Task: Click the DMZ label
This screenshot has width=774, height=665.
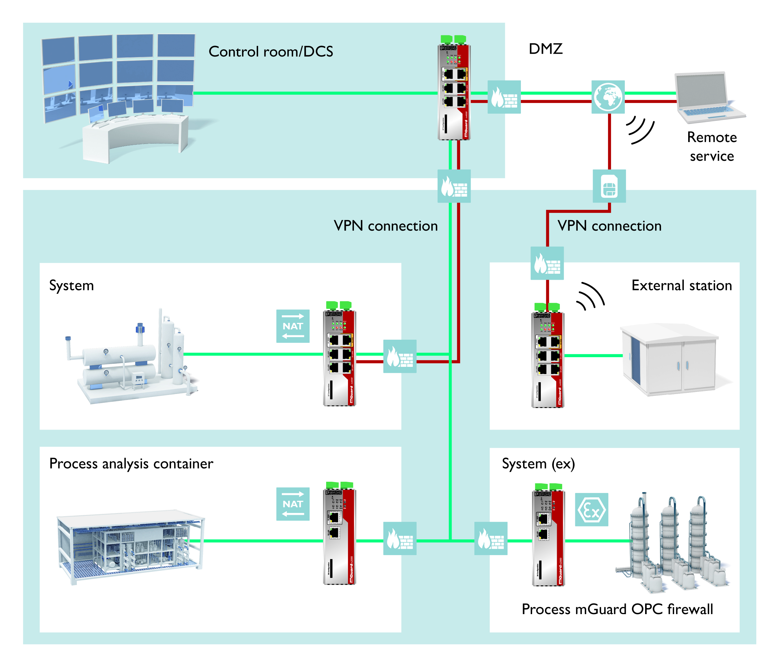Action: coord(545,49)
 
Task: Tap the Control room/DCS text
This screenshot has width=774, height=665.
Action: coord(271,52)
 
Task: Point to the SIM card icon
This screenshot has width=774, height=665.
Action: coord(609,186)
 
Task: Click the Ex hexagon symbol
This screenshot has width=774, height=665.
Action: coord(591,510)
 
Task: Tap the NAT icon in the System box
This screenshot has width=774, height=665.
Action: coord(293,326)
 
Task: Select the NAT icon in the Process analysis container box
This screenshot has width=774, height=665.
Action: coord(293,504)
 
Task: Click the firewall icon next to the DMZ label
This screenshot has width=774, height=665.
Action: coord(504,97)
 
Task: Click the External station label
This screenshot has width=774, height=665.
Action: coord(681,285)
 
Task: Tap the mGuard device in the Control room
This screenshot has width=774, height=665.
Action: coord(454,90)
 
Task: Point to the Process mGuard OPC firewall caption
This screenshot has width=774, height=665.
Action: coord(617,609)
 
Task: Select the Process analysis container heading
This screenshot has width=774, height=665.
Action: coord(131,464)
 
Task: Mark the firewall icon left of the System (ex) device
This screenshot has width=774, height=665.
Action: coord(491,538)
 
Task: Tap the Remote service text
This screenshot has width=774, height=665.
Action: coord(712,146)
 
